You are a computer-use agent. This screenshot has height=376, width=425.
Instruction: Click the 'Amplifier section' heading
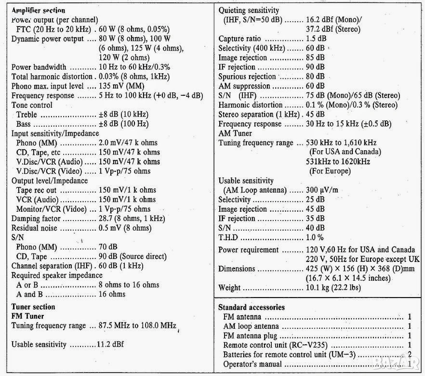[38, 10]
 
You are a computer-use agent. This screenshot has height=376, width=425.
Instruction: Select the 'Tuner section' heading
[33, 307]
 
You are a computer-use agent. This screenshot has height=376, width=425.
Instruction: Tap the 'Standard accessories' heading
[251, 307]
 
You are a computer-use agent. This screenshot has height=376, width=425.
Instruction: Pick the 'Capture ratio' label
[239, 39]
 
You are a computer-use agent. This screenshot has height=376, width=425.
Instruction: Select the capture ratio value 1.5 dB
[316, 39]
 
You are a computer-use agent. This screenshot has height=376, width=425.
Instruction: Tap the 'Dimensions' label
[237, 269]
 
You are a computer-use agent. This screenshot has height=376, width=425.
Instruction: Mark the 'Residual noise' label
[34, 228]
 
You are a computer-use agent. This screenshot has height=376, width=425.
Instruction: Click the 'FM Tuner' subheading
[27, 316]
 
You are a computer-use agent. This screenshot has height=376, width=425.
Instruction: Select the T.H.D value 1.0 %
[315, 237]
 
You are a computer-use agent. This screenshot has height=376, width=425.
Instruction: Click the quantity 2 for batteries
[409, 355]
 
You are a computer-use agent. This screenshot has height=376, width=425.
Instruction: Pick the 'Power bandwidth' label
[39, 67]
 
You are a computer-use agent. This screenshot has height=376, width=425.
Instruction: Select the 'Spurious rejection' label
[247, 77]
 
